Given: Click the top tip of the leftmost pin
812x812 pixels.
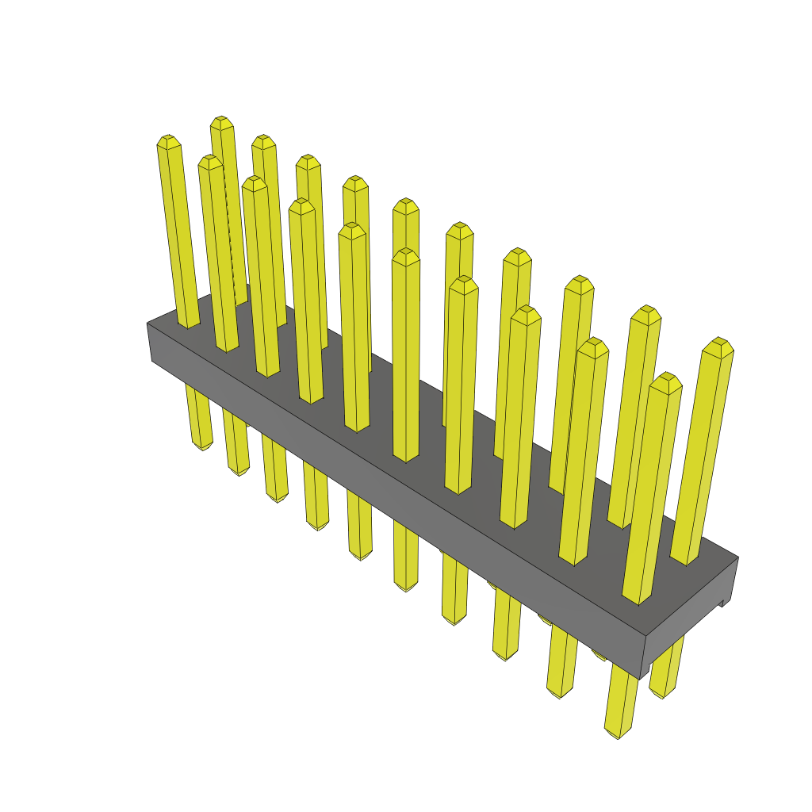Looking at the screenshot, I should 168,140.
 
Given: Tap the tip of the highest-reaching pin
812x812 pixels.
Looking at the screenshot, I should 221,121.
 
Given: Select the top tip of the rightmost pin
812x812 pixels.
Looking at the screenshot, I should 719,343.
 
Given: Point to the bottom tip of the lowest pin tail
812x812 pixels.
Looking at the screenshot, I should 617,735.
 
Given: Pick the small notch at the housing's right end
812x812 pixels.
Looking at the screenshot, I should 722,604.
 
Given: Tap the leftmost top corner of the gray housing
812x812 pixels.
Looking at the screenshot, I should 147,324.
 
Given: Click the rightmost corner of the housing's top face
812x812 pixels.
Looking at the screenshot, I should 738,557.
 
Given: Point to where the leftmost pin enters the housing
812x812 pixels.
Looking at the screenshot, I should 189,324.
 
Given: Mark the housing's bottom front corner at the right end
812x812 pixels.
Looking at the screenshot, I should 641,679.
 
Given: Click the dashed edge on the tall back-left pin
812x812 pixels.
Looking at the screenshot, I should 231,238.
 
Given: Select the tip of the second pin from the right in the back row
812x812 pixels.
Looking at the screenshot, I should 647,310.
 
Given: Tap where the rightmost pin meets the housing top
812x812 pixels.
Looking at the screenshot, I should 686,560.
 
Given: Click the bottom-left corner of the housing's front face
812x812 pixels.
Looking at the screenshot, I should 152,361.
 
